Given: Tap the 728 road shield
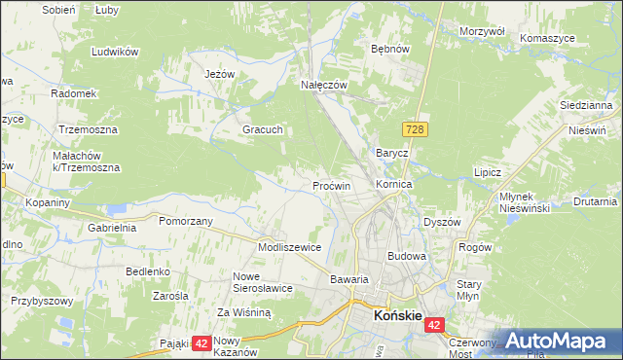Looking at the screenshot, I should point(415,129).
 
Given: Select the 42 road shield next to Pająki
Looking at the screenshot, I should point(201,342).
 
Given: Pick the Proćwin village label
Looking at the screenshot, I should point(331,185).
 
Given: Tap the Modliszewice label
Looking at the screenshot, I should point(289,247).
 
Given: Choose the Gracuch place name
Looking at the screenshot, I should point(262,129).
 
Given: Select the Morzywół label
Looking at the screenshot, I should point(482,31).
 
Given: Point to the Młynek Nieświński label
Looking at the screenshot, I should point(525,201).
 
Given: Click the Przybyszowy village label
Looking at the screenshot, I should point(43,301).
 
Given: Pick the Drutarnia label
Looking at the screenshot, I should point(595,202).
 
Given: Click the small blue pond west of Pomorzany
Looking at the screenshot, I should point(118,208).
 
